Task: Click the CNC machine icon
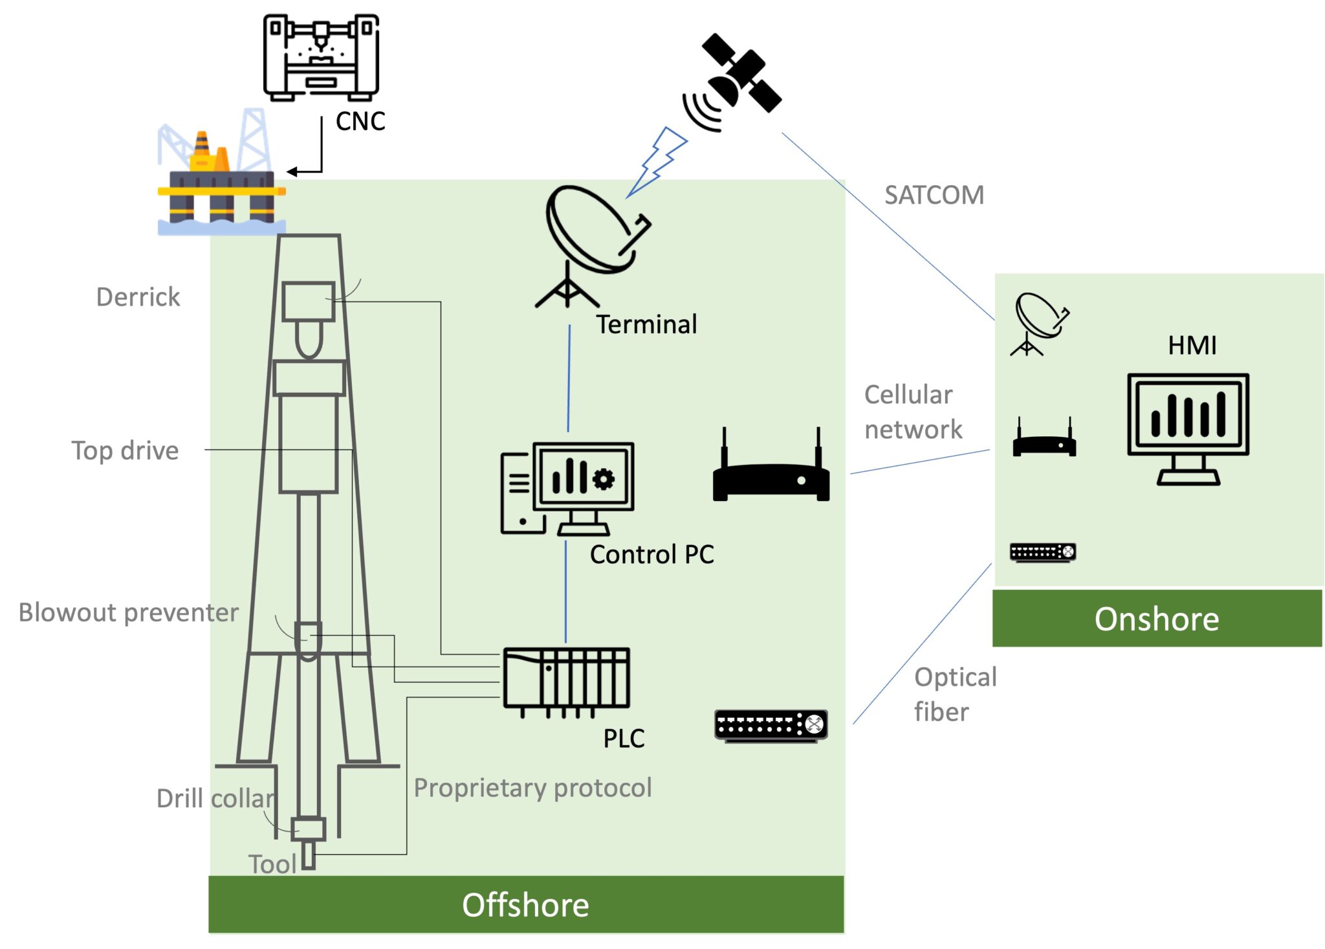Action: pyautogui.click(x=321, y=58)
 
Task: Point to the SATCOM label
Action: pyautogui.click(x=934, y=195)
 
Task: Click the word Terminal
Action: pyautogui.click(x=646, y=324)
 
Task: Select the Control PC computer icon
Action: pyautogui.click(x=567, y=489)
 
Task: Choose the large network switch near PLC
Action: pyautogui.click(x=771, y=725)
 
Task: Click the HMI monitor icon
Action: pyautogui.click(x=1188, y=427)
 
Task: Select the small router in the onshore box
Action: pyautogui.click(x=1044, y=442)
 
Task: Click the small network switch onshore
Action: pyautogui.click(x=1042, y=552)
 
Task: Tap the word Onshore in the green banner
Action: pyautogui.click(x=1156, y=619)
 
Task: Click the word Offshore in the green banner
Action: pyautogui.click(x=525, y=904)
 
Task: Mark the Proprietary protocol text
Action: pyautogui.click(x=532, y=788)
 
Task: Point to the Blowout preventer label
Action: pyautogui.click(x=128, y=612)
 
